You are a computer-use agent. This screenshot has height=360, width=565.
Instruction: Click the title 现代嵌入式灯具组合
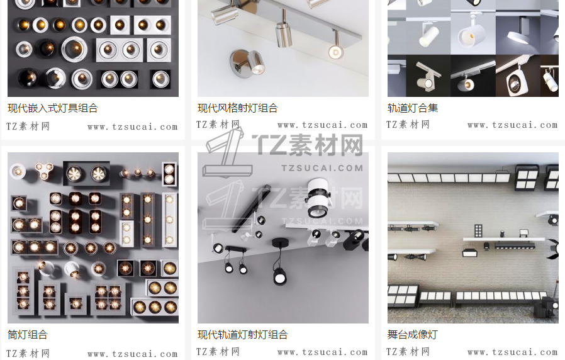(53, 108)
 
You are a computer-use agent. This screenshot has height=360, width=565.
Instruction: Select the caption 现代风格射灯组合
(237, 108)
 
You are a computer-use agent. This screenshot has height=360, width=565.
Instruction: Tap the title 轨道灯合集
(413, 108)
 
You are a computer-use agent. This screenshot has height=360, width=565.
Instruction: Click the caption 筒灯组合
(28, 335)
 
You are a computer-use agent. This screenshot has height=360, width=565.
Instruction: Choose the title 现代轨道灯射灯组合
(242, 335)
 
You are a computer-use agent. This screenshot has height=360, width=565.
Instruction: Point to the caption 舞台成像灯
(413, 335)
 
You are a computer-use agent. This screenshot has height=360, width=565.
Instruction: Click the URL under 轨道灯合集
(512, 125)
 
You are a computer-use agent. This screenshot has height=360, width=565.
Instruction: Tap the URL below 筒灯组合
(133, 354)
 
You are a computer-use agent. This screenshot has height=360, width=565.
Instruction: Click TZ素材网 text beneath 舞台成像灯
(408, 351)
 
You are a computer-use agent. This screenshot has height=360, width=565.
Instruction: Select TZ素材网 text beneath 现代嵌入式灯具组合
(28, 126)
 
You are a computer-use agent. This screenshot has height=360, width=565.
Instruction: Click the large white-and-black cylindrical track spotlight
(318, 198)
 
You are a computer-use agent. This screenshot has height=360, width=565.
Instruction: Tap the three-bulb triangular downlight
(44, 171)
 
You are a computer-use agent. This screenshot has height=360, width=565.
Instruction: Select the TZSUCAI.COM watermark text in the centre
(322, 168)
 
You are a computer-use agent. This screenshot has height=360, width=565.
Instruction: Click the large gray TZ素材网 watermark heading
(307, 145)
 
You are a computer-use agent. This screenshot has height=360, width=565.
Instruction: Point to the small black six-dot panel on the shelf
(478, 230)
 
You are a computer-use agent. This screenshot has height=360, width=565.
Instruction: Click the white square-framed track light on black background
(517, 81)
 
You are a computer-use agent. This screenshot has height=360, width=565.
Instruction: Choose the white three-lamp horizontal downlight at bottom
(155, 307)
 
